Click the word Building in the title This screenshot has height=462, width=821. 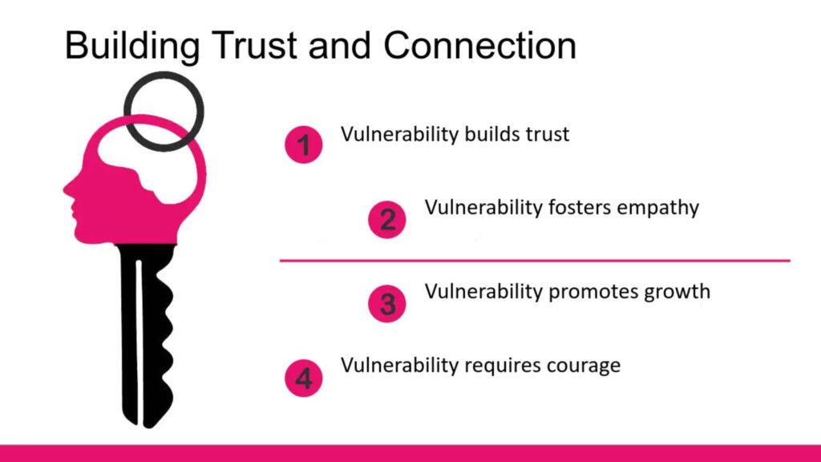coord(132,46)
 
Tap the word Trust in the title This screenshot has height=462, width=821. coord(255,45)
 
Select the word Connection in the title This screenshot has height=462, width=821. coord(479,45)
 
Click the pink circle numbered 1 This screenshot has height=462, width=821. coord(304,144)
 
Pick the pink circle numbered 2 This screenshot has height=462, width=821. coord(387,220)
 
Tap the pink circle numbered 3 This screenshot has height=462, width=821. coord(387,303)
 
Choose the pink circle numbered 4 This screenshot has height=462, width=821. coord(304,378)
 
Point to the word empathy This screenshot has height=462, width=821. coord(657,208)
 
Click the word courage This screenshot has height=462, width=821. coord(584,366)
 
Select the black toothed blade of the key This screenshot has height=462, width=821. coord(146,335)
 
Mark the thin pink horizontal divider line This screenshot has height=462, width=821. coord(535,261)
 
